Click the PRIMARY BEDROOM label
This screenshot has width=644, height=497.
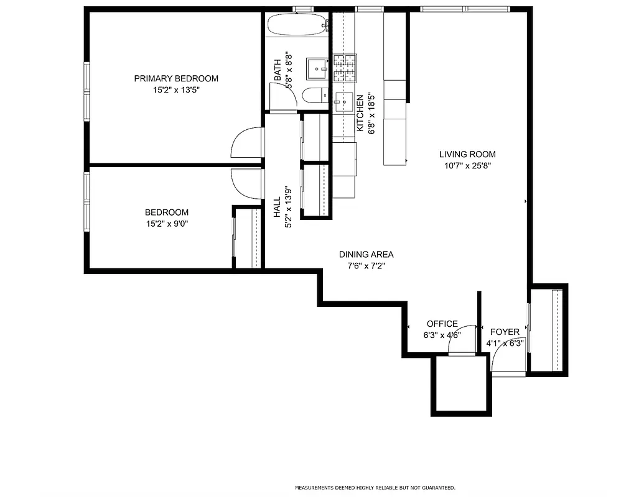click(176, 78)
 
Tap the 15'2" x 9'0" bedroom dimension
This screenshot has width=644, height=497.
click(167, 224)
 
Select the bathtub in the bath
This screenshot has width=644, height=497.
click(297, 26)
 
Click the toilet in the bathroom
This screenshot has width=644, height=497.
click(314, 95)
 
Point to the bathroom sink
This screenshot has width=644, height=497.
click(317, 67)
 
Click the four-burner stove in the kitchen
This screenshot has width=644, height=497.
click(347, 68)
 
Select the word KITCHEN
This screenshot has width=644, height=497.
click(360, 113)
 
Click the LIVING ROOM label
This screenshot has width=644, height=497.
click(467, 154)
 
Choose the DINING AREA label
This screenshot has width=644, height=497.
click(366, 254)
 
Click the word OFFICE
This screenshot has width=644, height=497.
click(442, 324)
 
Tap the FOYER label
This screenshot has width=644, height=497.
click(505, 332)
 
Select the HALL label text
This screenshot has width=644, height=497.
click(278, 207)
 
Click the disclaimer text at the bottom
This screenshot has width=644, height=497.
click(375, 487)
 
